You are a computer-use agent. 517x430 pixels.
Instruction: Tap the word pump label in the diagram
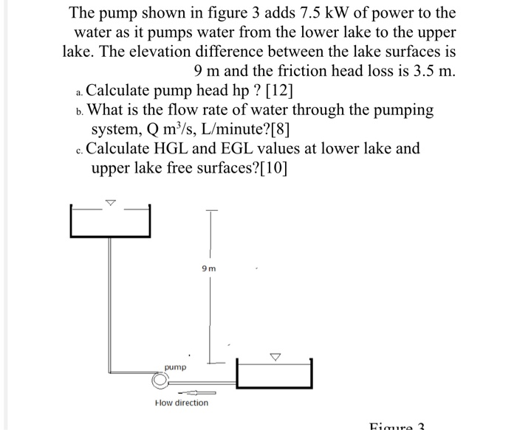pos(175,367)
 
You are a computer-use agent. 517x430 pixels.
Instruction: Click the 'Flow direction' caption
pos(182,403)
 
